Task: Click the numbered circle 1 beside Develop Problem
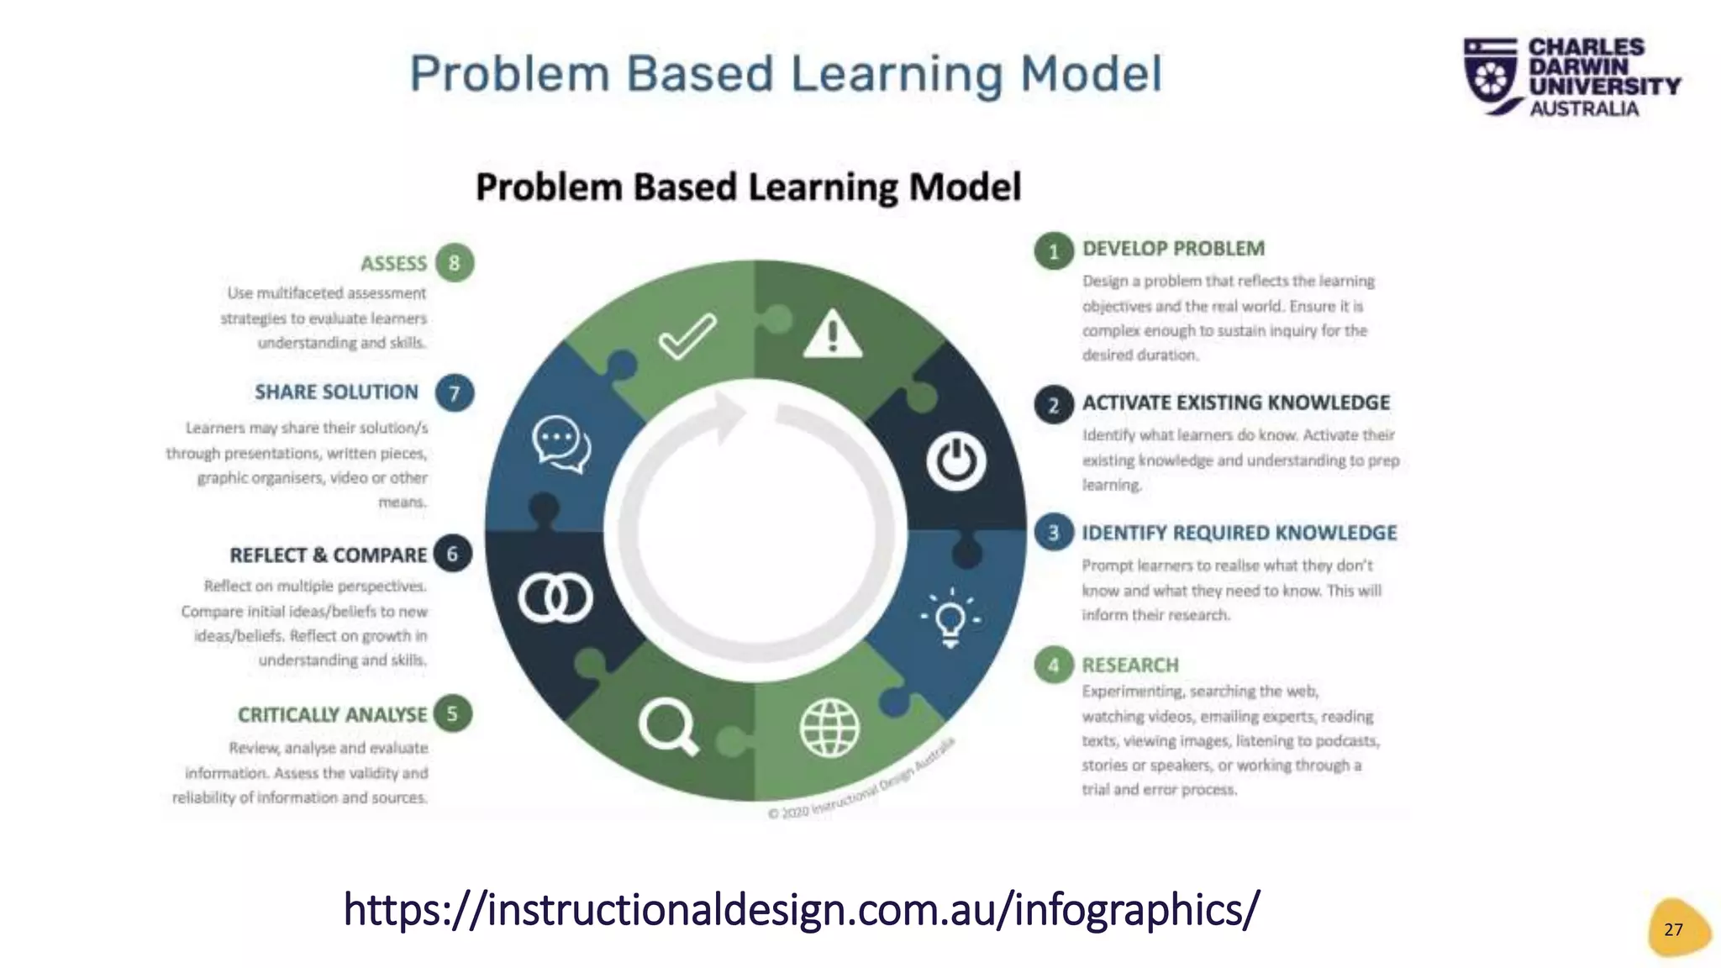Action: tap(1054, 251)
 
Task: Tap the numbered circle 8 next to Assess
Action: tap(455, 263)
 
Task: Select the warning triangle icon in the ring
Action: tap(832, 334)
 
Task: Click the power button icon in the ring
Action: tap(956, 461)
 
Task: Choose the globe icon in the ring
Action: tap(829, 728)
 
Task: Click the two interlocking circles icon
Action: tap(555, 598)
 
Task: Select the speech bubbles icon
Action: tap(561, 444)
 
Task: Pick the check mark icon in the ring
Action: tap(687, 336)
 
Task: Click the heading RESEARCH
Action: tap(1130, 665)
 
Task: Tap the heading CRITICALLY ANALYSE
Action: tap(333, 715)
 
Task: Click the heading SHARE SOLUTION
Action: tap(336, 392)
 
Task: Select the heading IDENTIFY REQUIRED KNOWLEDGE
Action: tap(1239, 534)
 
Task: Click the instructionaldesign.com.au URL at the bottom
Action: tap(802, 909)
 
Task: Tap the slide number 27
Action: tap(1674, 929)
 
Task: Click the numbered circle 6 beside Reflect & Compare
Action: tap(453, 554)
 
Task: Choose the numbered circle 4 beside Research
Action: tap(1054, 666)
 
